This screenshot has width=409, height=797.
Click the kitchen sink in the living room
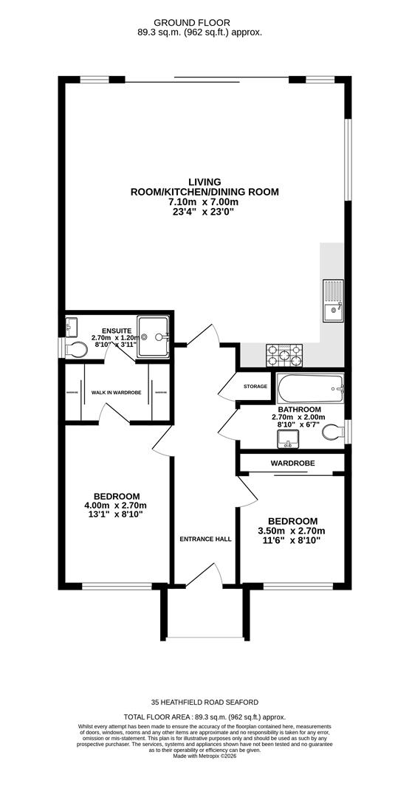[x=332, y=302]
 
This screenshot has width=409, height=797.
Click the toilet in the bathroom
[x=334, y=432]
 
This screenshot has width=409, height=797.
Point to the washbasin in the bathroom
[x=287, y=440]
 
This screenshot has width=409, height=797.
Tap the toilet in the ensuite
[x=74, y=348]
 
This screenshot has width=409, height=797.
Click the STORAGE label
[x=255, y=386]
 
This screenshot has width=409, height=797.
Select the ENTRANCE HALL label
[x=205, y=539]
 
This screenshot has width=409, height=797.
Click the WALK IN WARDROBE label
[x=116, y=393]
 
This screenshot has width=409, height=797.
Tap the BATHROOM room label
[x=299, y=410]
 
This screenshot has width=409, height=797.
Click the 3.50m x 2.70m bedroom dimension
[x=292, y=531]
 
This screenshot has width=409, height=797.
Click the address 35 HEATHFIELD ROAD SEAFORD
[x=205, y=702]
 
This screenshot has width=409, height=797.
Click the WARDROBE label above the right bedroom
[x=292, y=463]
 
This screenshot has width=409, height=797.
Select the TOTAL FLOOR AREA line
[x=205, y=717]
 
